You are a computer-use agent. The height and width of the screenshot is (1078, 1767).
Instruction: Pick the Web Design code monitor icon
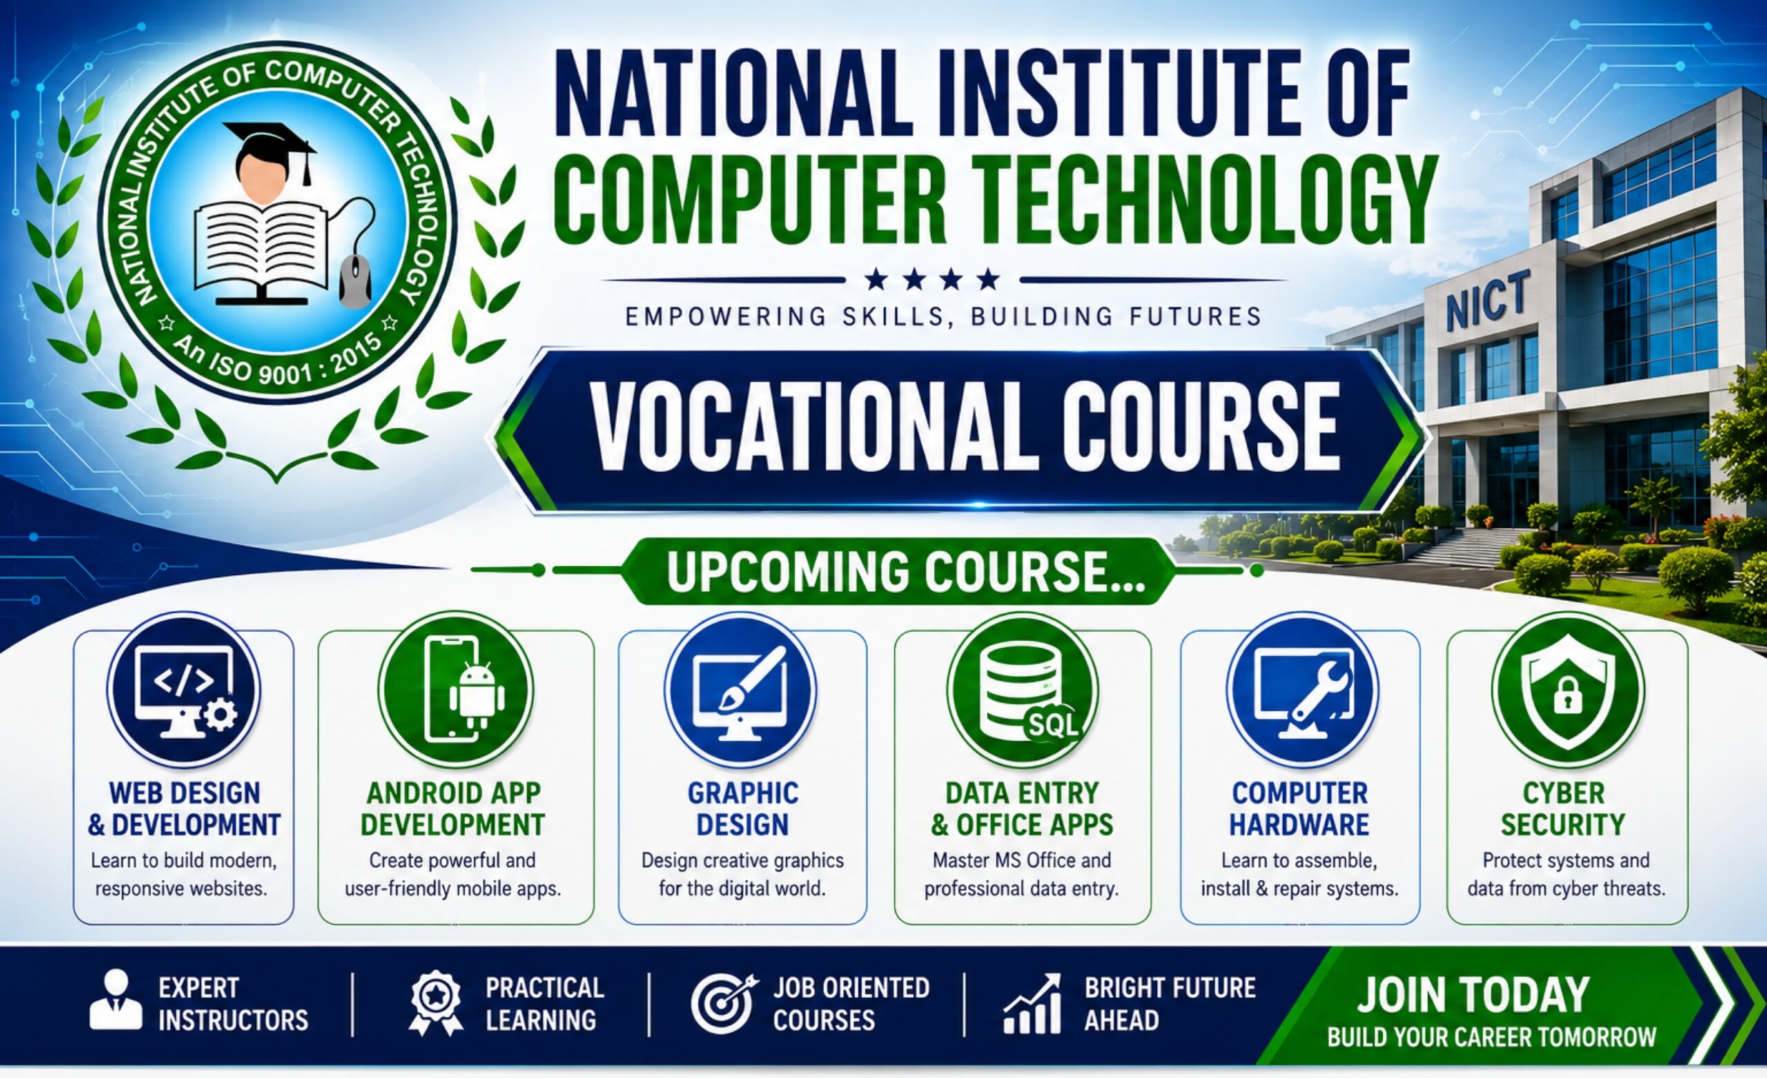pos(184,690)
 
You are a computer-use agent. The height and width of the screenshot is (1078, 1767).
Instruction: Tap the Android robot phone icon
pos(456,690)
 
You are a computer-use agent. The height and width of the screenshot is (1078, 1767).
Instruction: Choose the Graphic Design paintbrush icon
pos(740,690)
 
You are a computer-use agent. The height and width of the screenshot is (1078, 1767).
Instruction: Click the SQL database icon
pos(1023,690)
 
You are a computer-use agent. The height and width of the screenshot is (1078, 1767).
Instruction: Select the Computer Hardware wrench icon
pos(1302,690)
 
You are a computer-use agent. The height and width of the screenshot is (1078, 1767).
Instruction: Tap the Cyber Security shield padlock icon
pos(1568,690)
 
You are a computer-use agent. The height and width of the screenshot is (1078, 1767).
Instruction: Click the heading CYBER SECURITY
pos(1563,809)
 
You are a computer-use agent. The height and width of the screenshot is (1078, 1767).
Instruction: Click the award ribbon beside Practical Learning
pos(436,1003)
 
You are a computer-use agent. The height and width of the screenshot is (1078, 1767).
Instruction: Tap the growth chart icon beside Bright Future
pos(1032,1003)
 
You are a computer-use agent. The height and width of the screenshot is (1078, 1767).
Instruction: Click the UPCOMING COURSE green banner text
pos(906,571)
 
